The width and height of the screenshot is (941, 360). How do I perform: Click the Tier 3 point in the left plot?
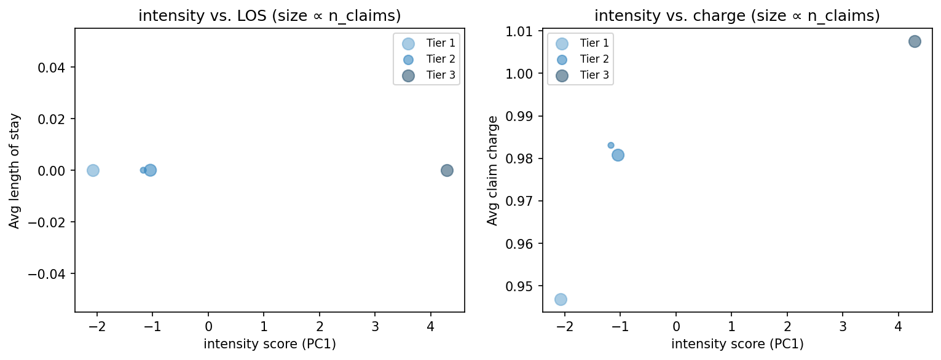447,170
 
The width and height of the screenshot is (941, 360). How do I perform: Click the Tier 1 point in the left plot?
93,170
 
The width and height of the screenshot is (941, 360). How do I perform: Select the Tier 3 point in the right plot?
915,42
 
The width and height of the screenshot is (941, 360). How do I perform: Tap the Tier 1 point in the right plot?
561,299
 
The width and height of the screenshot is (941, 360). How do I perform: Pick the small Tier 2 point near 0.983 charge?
611,146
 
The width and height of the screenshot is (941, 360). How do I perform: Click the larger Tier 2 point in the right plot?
618,155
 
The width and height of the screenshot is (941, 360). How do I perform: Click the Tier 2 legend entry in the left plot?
426,59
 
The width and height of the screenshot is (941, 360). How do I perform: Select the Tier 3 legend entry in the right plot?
580,75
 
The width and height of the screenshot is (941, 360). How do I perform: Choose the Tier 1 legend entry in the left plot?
426,43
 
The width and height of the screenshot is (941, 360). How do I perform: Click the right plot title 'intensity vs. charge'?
737,17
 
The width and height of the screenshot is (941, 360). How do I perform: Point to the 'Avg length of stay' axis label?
15,170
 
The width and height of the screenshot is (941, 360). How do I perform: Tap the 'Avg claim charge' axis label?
492,170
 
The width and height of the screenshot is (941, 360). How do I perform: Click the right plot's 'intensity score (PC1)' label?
737,344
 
